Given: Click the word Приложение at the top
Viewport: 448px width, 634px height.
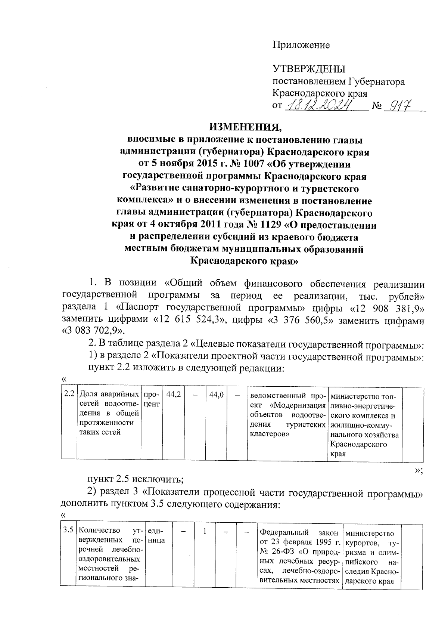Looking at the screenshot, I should point(301,46).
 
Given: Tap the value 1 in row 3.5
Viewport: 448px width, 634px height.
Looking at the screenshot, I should point(205,531).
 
